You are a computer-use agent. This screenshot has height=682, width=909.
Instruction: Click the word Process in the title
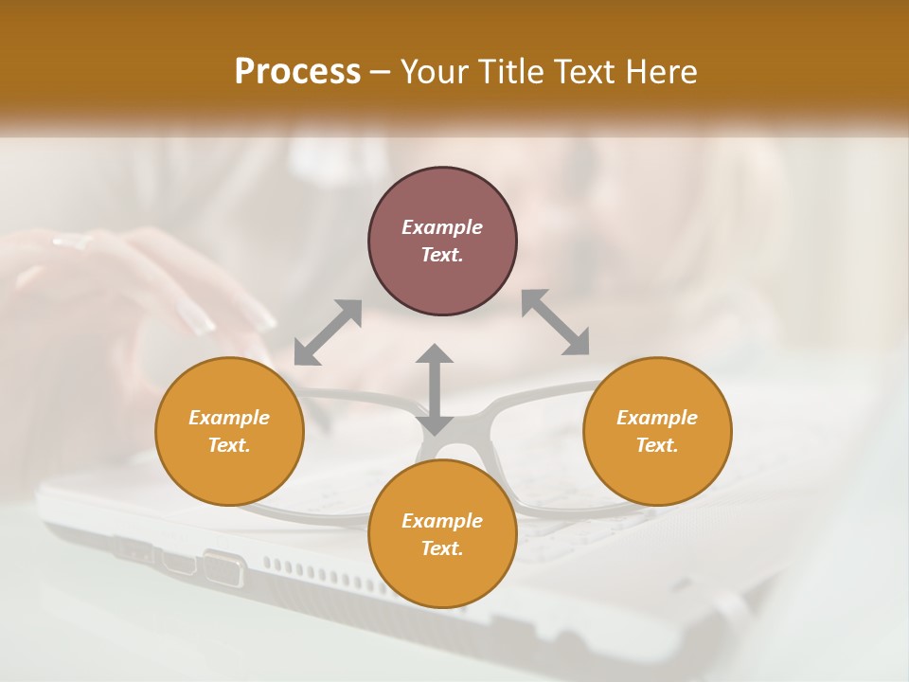(x=297, y=71)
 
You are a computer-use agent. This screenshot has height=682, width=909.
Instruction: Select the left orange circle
(x=229, y=464)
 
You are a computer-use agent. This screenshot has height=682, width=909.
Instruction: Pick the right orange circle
(x=657, y=464)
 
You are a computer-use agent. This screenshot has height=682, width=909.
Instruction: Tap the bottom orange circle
(x=442, y=573)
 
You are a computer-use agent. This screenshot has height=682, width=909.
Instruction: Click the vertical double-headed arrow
(x=435, y=389)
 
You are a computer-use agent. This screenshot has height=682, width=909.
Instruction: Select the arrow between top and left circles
(x=328, y=332)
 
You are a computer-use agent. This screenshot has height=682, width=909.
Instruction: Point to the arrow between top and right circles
(x=556, y=322)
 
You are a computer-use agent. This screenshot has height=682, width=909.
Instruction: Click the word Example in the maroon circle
(x=442, y=227)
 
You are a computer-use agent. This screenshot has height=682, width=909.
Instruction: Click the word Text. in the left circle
(x=229, y=445)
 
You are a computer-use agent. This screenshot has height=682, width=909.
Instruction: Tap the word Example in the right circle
(x=657, y=418)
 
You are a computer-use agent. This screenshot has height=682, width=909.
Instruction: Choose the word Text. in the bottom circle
(x=442, y=548)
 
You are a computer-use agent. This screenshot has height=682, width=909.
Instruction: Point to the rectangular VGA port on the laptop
(x=223, y=568)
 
